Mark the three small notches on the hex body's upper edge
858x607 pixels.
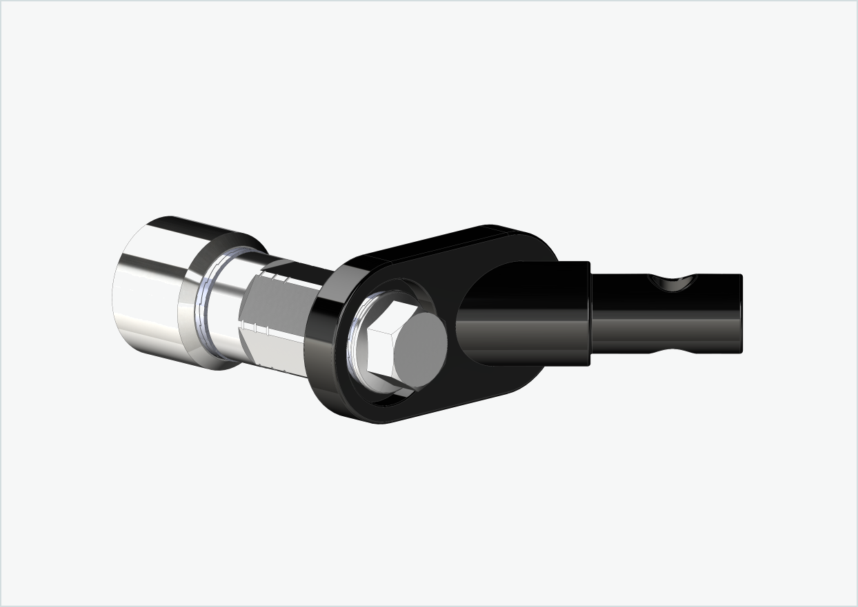pyautogui.click(x=279, y=278)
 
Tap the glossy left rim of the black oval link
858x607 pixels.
pyautogui.click(x=321, y=344)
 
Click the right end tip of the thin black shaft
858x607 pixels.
pyautogui.click(x=741, y=313)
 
